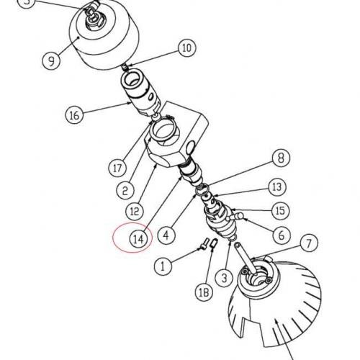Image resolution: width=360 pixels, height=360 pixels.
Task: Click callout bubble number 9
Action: (x=51, y=60)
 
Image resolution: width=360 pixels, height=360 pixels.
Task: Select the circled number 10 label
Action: (x=187, y=48)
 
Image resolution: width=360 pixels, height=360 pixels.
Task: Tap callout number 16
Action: (x=74, y=114)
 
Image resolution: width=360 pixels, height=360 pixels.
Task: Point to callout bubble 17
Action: (x=117, y=168)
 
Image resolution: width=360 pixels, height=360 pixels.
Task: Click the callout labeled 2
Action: (x=125, y=191)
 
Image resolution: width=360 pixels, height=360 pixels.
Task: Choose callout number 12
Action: (x=135, y=211)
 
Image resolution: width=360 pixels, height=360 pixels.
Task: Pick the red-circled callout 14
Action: (x=139, y=239)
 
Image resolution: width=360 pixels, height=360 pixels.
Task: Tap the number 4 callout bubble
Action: (x=166, y=235)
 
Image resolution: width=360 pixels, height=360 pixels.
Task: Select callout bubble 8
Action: (x=281, y=158)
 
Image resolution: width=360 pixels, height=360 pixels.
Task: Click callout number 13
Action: (x=277, y=186)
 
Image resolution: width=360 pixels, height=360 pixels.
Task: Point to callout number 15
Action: (x=281, y=211)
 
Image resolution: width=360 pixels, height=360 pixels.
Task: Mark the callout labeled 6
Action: (x=282, y=235)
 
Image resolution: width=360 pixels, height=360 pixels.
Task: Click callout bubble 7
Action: (x=309, y=243)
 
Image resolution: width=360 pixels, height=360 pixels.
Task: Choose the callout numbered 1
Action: (x=163, y=266)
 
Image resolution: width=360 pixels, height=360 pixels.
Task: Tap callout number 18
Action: (x=204, y=292)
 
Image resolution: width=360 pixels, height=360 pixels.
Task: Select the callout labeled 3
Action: (x=224, y=278)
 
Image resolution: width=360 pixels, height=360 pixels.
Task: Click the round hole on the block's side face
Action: (x=191, y=147)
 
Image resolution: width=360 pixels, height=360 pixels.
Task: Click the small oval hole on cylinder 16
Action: (x=150, y=96)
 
